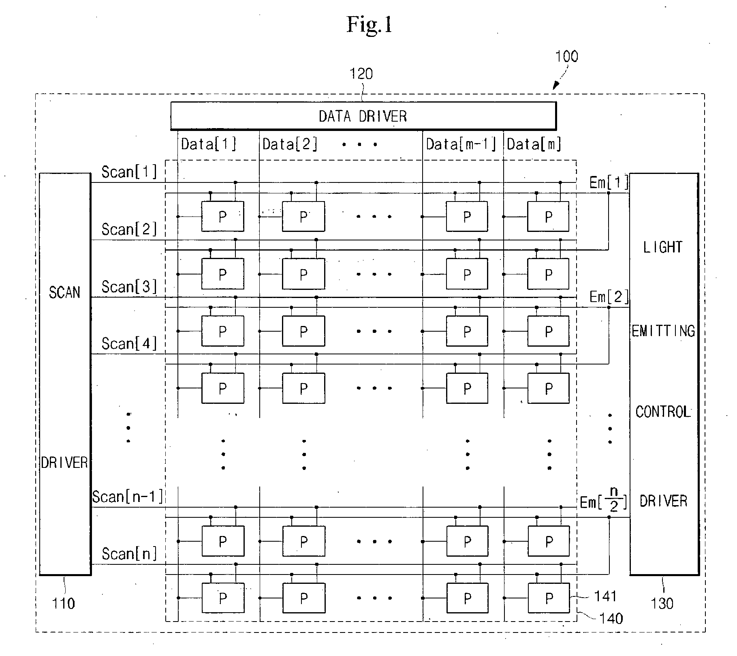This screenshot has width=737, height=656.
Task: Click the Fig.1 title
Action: (369, 24)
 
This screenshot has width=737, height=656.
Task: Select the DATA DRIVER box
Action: (363, 116)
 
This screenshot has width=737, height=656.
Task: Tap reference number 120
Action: (361, 74)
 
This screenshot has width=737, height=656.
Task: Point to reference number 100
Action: (566, 56)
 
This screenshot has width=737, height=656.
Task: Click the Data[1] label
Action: (209, 144)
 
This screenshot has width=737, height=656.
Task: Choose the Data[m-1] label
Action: (461, 144)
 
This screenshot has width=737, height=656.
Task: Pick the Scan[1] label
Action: (129, 172)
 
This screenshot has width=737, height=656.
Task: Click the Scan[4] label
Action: (129, 344)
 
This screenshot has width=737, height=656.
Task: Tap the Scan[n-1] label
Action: (128, 497)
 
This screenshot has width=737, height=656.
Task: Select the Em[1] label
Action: (609, 183)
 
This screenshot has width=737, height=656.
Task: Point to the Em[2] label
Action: (609, 297)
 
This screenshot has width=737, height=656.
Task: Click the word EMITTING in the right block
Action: (663, 331)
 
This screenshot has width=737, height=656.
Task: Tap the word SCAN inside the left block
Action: (65, 292)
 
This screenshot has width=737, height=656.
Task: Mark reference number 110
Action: (64, 604)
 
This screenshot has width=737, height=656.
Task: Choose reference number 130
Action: (662, 604)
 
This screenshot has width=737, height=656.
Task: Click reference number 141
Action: (605, 596)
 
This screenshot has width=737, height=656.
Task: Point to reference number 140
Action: (611, 618)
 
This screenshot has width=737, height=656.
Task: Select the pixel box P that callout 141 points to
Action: (549, 598)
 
